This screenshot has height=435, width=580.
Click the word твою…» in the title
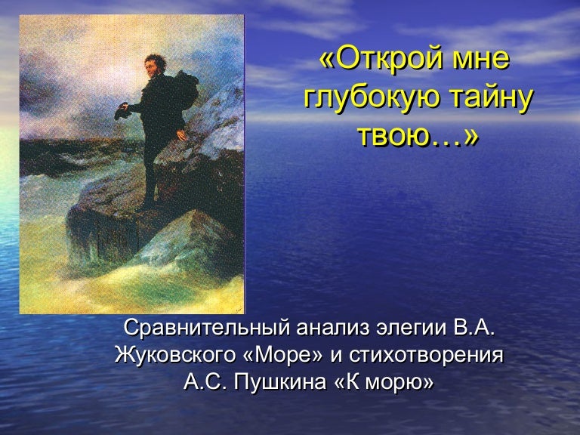(x=418, y=137)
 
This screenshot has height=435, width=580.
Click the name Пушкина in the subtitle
(x=279, y=382)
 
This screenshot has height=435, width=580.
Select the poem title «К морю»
(x=383, y=382)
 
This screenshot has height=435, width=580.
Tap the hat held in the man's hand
(x=122, y=111)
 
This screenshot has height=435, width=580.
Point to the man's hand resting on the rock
(x=181, y=134)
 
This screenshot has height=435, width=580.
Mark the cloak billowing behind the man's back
(x=184, y=91)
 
